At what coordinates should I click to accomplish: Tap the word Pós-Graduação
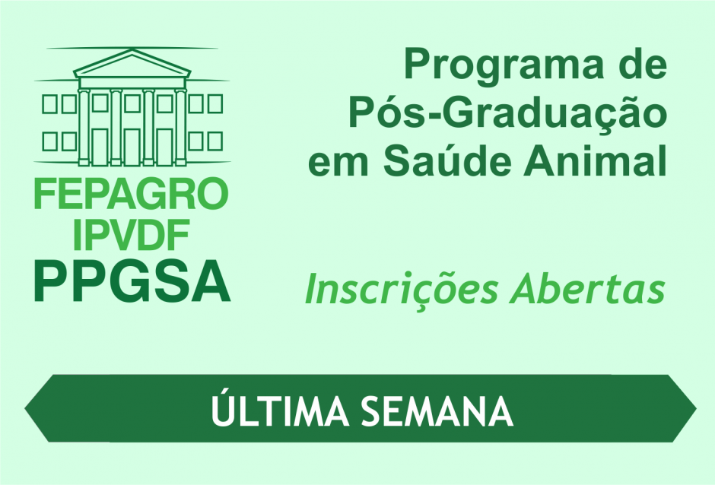508,114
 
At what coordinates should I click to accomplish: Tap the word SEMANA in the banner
438,411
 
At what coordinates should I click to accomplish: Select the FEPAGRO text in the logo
131,194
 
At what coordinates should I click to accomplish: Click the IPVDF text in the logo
131,234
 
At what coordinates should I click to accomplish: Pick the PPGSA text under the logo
132,281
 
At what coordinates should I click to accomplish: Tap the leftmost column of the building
84,127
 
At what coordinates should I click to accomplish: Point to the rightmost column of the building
180,127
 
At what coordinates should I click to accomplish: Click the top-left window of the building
49,104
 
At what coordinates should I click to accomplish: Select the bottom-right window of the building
214,141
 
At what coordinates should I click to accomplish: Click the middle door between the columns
132,147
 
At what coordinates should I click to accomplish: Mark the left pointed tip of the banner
24,409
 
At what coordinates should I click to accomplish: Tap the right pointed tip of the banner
696,409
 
